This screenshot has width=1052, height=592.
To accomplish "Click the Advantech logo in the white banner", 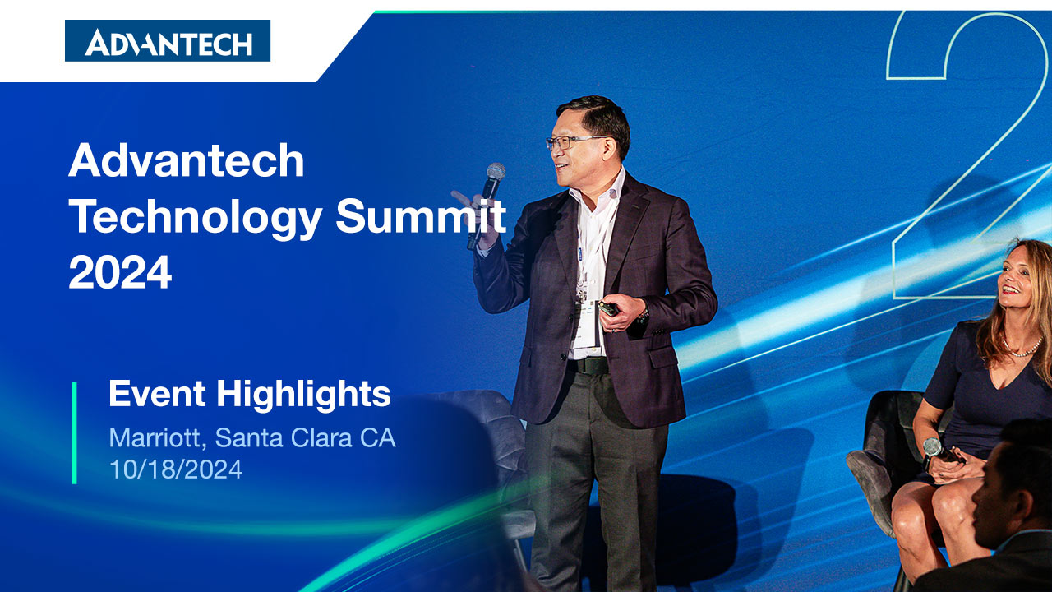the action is click(x=168, y=41).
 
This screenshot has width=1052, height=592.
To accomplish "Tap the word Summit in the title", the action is click(x=421, y=216).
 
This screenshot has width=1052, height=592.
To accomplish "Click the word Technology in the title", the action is click(x=196, y=219).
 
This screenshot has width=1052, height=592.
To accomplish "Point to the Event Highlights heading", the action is click(x=249, y=395).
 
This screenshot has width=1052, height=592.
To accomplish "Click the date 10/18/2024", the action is click(x=176, y=469).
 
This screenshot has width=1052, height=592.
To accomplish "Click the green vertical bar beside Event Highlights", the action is click(x=75, y=432).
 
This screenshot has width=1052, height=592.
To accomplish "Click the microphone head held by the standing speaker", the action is click(x=495, y=172).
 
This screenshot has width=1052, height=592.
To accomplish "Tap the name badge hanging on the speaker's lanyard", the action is click(x=588, y=324).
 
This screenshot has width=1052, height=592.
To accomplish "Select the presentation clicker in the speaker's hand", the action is click(x=609, y=308).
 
